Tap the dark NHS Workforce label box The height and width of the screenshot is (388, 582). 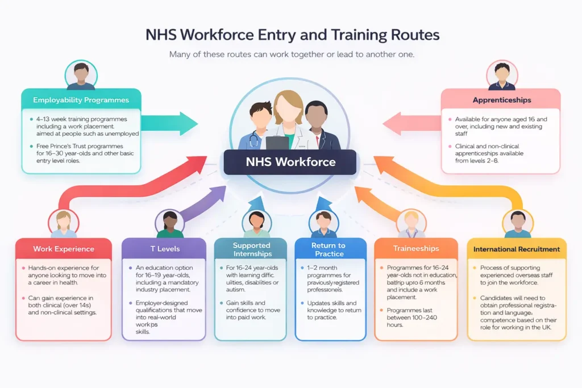(290, 162)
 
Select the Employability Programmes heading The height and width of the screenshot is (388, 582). (81, 100)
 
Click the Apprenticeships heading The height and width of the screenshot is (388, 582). (501, 100)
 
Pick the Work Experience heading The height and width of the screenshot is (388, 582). (64, 249)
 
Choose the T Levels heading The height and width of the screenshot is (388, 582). (164, 248)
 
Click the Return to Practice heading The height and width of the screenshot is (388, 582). (329, 249)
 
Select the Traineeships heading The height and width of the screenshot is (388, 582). (416, 248)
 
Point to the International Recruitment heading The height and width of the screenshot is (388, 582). (517, 249)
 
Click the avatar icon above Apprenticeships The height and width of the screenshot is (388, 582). (502, 76)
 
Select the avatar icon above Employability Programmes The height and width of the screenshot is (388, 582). (81, 76)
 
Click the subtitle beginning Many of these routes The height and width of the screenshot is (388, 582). (290, 55)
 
